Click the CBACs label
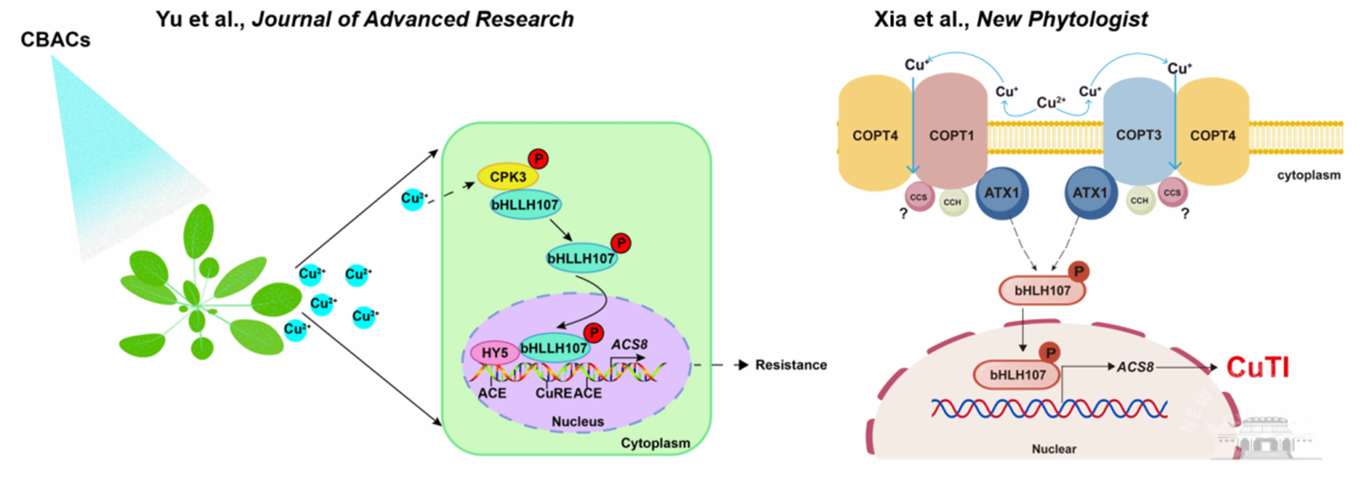pyautogui.click(x=55, y=40)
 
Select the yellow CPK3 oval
pyautogui.click(x=508, y=177)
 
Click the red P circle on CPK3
pyautogui.click(x=539, y=159)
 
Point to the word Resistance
pyautogui.click(x=791, y=365)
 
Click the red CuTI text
pyautogui.click(x=1258, y=367)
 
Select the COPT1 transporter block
pyautogui.click(x=951, y=134)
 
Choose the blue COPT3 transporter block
pyautogui.click(x=1138, y=134)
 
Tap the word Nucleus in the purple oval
pyautogui.click(x=577, y=422)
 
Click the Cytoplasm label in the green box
pyautogui.click(x=655, y=443)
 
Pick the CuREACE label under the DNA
pyautogui.click(x=569, y=394)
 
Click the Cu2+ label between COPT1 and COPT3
pyautogui.click(x=1050, y=103)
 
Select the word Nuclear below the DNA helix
pyautogui.click(x=1054, y=449)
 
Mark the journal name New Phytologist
pyautogui.click(x=1062, y=19)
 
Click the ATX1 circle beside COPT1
pyautogui.click(x=1002, y=193)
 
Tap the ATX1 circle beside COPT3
pyautogui.click(x=1090, y=193)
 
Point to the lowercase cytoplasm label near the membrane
pyautogui.click(x=1309, y=176)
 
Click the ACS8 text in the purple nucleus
pyautogui.click(x=629, y=344)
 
